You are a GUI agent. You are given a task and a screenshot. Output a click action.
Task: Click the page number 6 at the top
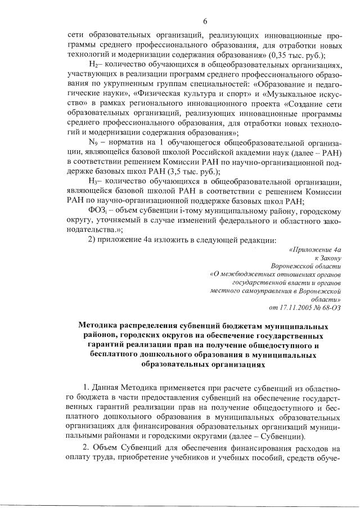click(x=205, y=21)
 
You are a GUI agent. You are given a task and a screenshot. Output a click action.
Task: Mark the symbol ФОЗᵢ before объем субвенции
click(x=97, y=210)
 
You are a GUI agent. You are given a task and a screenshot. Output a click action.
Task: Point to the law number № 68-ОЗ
click(x=329, y=307)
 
